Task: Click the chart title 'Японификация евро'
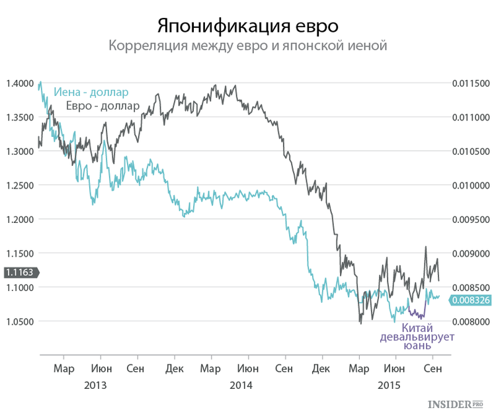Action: pyautogui.click(x=248, y=26)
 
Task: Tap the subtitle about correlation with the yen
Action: pyautogui.click(x=248, y=46)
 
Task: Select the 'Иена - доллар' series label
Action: pyautogui.click(x=91, y=92)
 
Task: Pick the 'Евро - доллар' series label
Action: pyautogui.click(x=103, y=106)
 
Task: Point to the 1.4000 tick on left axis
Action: pyautogui.click(x=20, y=83)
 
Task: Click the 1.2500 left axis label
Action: pyautogui.click(x=20, y=185)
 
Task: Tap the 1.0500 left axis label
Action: pyautogui.click(x=20, y=321)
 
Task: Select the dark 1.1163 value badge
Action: pyautogui.click(x=21, y=272)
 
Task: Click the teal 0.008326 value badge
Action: pyautogui.click(x=470, y=300)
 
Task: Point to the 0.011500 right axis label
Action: pyautogui.click(x=471, y=83)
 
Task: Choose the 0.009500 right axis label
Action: pyautogui.click(x=471, y=220)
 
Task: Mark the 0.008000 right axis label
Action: pyautogui.click(x=471, y=321)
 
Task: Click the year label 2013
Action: pyautogui.click(x=95, y=386)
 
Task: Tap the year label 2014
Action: pyautogui.click(x=241, y=386)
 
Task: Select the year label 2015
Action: pyautogui.click(x=389, y=386)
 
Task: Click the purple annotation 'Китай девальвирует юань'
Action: pyautogui.click(x=417, y=337)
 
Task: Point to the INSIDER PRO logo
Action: pyautogui.click(x=456, y=404)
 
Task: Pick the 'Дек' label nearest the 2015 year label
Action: pyautogui.click(x=321, y=368)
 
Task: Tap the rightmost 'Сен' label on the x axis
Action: pyautogui.click(x=433, y=368)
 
